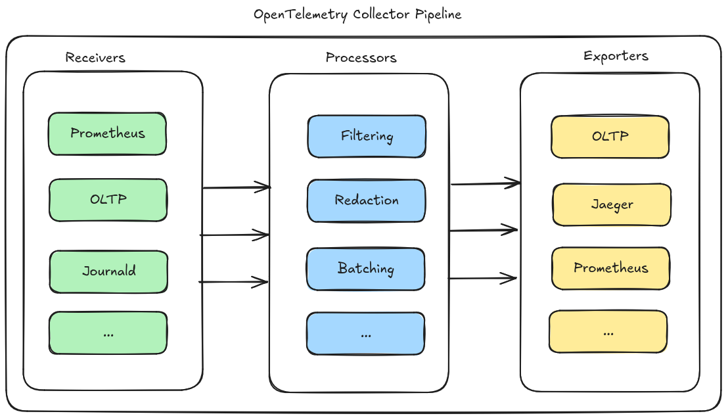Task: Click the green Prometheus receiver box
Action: coord(108,134)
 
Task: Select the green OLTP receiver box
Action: coord(108,200)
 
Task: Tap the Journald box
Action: coord(108,271)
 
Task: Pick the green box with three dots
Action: coord(108,333)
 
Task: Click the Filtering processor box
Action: coord(367,137)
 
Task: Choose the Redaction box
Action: coord(367,200)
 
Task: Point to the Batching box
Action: coord(366,269)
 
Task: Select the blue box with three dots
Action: coord(366,334)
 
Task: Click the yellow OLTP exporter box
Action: coord(610,137)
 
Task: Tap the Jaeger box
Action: coord(612,204)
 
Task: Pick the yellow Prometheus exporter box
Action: coord(611,268)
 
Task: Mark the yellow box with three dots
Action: coord(608,332)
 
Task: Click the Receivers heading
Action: coord(95,58)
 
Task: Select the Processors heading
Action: coord(361,58)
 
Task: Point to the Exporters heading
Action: coord(616,56)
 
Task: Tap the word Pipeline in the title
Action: coord(438,14)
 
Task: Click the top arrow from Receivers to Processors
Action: coord(237,188)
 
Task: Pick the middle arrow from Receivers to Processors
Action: coord(235,234)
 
